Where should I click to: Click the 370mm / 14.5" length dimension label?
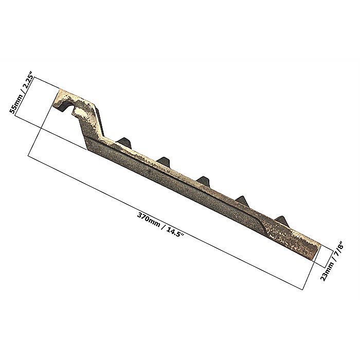pyautogui.click(x=161, y=225)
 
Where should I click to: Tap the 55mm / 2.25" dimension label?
pyautogui.click(x=22, y=93)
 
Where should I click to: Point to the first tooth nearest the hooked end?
pyautogui.click(x=124, y=142)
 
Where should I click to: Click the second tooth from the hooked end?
pyautogui.click(x=164, y=162)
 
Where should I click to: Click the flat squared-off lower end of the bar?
pyautogui.click(x=317, y=252)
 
